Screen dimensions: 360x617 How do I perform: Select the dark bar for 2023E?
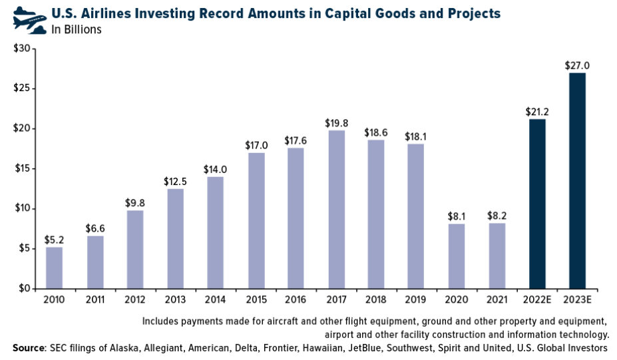point(577,180)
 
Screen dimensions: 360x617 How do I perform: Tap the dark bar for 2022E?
point(537,204)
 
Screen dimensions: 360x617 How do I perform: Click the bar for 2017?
point(337,209)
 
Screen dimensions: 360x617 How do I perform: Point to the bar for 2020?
point(457,256)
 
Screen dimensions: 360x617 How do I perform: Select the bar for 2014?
point(215,232)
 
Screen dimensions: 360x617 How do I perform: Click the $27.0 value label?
point(577,65)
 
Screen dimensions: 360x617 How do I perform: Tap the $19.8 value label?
point(337,122)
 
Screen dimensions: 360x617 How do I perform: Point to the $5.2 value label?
point(54,240)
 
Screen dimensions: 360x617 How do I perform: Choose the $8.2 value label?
point(497,216)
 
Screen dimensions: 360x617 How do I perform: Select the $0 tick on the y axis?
point(23,289)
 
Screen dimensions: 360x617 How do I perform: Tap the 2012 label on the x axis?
point(134,300)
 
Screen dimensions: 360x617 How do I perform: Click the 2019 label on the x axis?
point(417,300)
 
